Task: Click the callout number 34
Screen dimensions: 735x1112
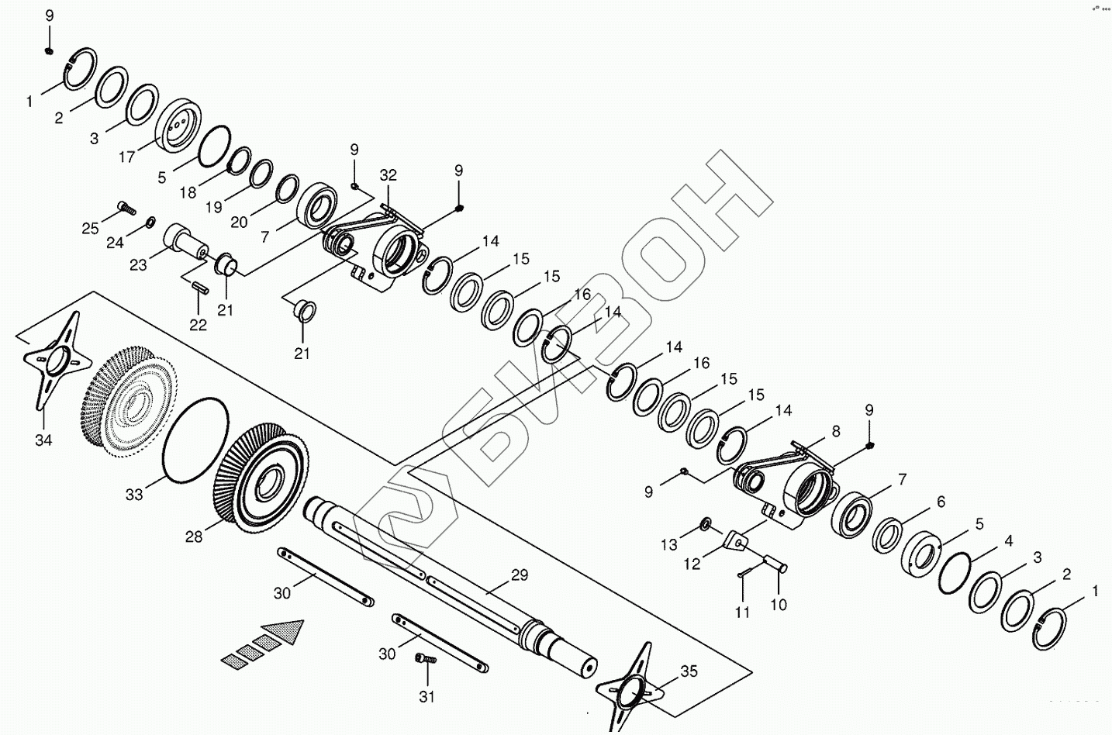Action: point(43,440)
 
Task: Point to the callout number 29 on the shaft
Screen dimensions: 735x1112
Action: point(519,575)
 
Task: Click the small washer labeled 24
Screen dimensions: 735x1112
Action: point(148,225)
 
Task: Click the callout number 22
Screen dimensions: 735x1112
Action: point(199,325)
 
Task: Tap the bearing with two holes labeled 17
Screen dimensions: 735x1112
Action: point(178,126)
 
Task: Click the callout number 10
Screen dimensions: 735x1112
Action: point(779,604)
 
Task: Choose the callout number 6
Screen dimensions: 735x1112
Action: point(941,502)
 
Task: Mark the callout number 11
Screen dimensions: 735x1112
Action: point(743,612)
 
